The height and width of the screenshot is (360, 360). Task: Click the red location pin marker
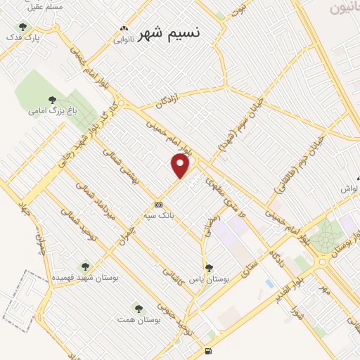181,166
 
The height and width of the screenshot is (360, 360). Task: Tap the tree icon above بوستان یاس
208,268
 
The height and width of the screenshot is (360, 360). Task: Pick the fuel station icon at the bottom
207,352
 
